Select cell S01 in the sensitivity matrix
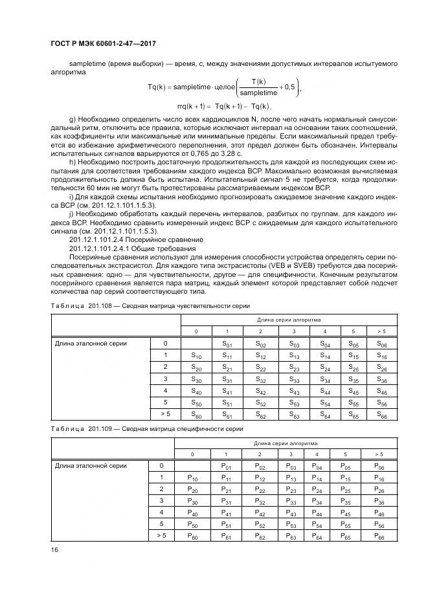click(x=227, y=344)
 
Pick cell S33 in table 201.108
click(x=294, y=379)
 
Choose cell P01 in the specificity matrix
click(x=226, y=466)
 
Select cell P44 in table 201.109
click(x=317, y=501)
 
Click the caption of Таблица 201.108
click(x=150, y=306)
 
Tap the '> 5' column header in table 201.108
click(x=381, y=331)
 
